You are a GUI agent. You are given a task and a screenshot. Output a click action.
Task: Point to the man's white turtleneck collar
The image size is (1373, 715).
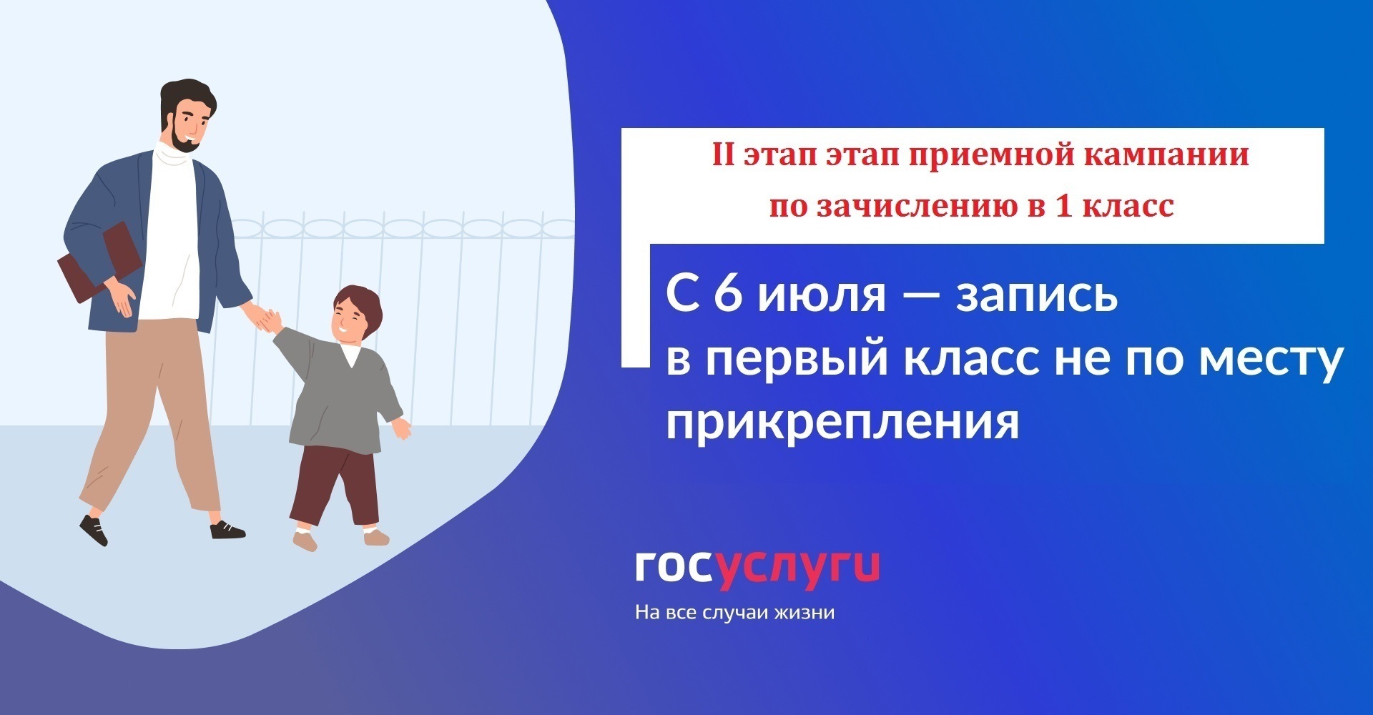pyautogui.click(x=174, y=152)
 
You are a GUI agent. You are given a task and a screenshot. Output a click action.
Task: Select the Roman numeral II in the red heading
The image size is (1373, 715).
pyautogui.click(x=724, y=155)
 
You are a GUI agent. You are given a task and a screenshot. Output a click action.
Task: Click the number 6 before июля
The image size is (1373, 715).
pyautogui.click(x=727, y=293)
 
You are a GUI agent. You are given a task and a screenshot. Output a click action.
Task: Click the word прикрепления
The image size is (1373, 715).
pyautogui.click(x=842, y=423)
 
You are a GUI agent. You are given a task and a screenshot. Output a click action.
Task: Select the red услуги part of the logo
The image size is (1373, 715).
pyautogui.click(x=798, y=570)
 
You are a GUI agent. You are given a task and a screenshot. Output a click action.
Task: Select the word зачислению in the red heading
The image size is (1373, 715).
pyautogui.click(x=914, y=206)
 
